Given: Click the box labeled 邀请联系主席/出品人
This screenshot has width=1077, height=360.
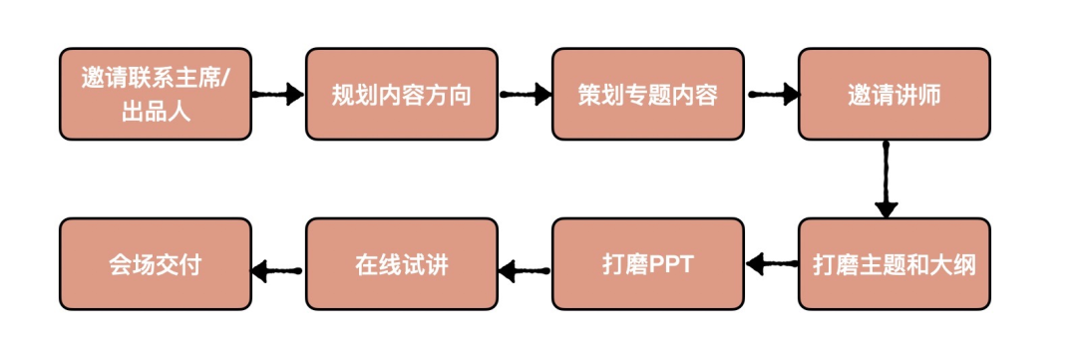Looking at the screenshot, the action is point(156,94).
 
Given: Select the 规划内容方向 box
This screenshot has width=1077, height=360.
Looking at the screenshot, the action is point(402,94).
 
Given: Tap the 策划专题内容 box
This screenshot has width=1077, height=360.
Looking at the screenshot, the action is point(648,94).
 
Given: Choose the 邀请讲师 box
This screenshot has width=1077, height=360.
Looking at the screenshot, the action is point(895,94).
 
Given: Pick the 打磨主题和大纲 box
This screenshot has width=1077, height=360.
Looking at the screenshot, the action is point(895,264).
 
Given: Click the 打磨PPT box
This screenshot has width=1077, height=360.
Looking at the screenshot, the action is point(648,264).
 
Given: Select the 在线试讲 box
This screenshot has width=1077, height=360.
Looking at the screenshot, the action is point(402,264).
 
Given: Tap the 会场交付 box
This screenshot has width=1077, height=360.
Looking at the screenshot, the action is point(156,264).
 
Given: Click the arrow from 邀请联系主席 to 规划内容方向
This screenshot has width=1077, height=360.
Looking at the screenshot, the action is point(278,94).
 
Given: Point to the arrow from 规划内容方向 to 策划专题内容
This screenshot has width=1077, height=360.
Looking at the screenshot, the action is point(526,94).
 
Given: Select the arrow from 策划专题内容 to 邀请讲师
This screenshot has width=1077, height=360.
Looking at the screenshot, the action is point(772,94).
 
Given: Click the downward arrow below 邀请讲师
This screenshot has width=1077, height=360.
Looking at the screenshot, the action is point(887,180).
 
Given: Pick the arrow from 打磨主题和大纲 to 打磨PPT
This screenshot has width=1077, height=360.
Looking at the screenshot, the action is point(771,262).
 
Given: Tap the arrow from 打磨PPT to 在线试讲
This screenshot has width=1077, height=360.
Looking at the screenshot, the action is point(525,270).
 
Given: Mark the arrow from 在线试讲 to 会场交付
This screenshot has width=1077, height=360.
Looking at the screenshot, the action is point(278,270).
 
